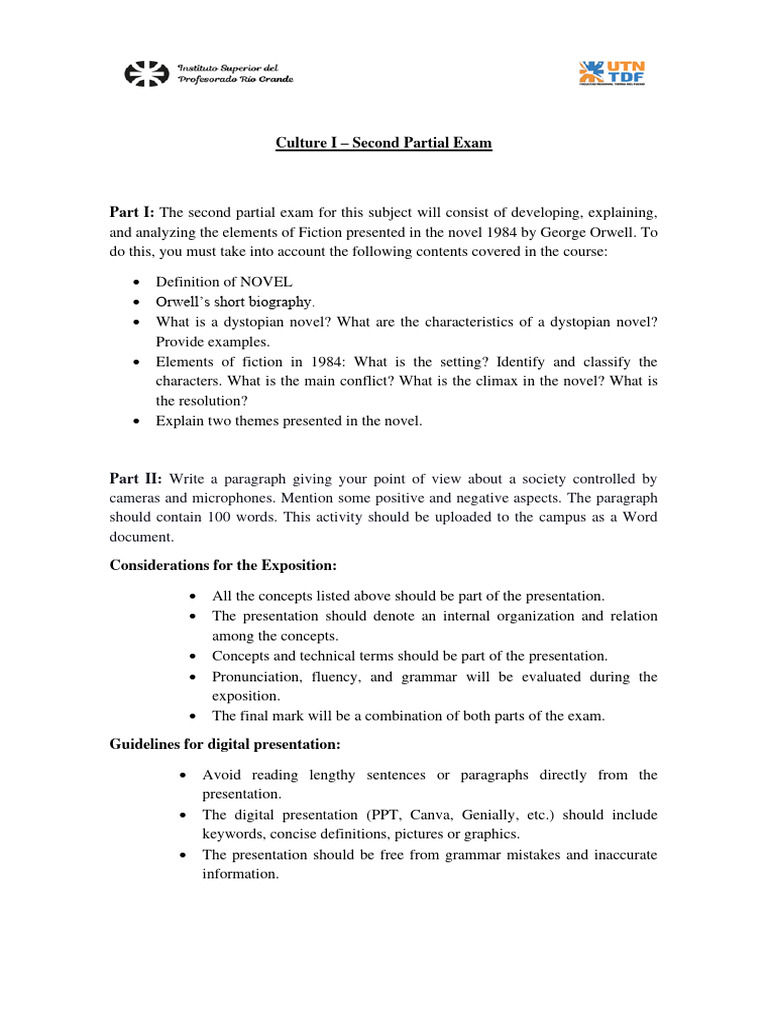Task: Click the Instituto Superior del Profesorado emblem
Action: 146,73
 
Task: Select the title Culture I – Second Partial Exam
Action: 384,143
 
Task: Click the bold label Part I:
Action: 132,212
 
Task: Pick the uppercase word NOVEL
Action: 266,281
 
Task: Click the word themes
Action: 256,421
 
